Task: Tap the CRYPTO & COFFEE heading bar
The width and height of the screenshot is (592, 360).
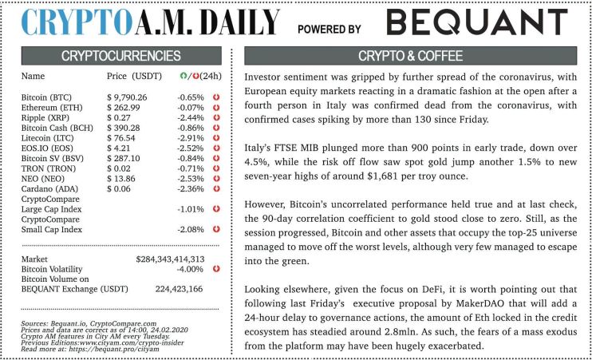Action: [x=412, y=56]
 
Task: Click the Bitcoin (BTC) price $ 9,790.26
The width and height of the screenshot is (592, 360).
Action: [x=132, y=97]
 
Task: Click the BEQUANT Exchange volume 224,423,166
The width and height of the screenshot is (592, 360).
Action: [x=179, y=289]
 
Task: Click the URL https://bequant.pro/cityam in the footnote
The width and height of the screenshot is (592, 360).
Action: [x=96, y=350]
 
